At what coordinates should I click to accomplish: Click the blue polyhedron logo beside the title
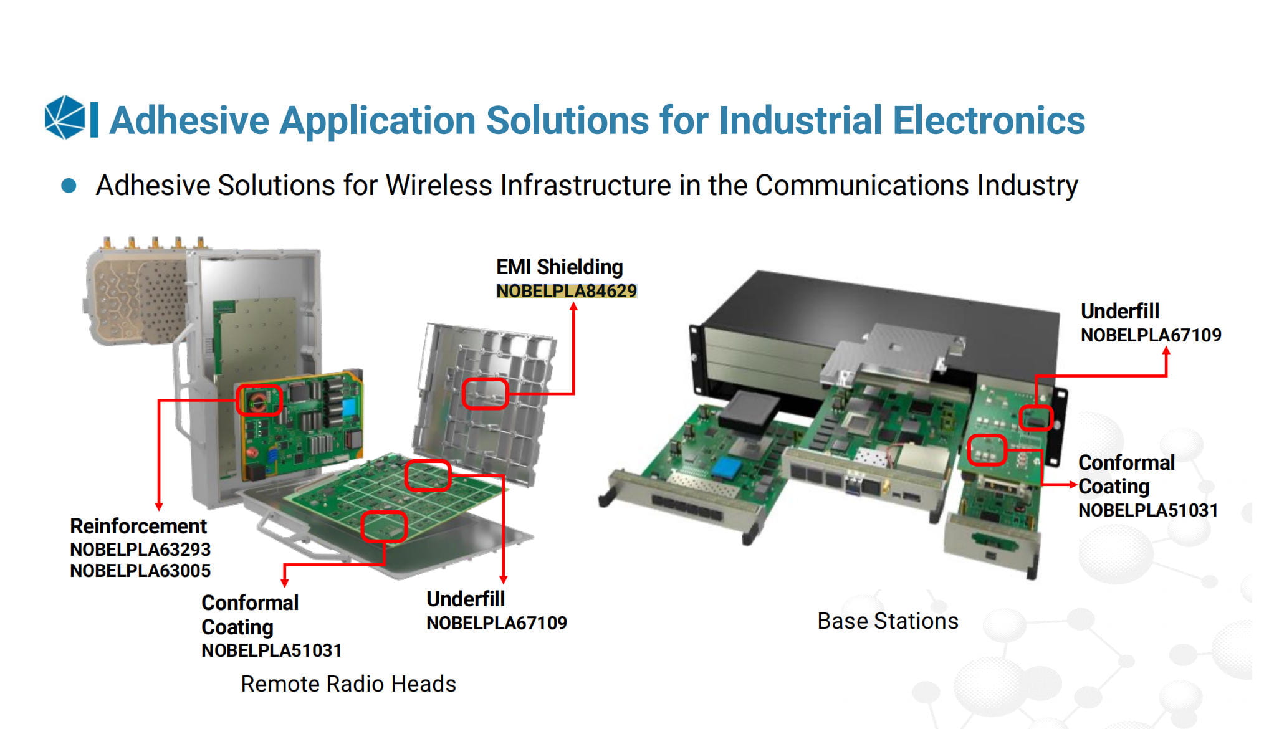(x=64, y=117)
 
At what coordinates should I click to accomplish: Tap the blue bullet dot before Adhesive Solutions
(x=69, y=186)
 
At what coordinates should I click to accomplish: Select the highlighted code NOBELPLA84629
(x=566, y=291)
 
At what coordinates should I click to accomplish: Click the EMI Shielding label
(x=559, y=267)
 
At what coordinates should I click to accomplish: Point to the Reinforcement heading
(x=138, y=526)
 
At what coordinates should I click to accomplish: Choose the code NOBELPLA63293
(x=140, y=550)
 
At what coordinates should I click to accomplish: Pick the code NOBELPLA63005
(x=140, y=571)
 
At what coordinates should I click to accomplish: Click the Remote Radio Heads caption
(x=348, y=684)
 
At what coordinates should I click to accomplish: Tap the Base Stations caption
(x=888, y=621)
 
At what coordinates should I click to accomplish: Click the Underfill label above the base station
(x=1119, y=311)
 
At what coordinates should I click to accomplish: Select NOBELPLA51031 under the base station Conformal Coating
(x=1147, y=510)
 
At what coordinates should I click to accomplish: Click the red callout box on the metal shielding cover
(x=485, y=394)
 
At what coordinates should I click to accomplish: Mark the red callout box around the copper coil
(x=259, y=400)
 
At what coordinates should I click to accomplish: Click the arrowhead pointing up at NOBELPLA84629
(x=573, y=307)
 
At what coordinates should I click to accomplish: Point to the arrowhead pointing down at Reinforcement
(x=159, y=506)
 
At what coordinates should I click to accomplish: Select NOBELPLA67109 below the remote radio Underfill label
(x=496, y=623)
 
